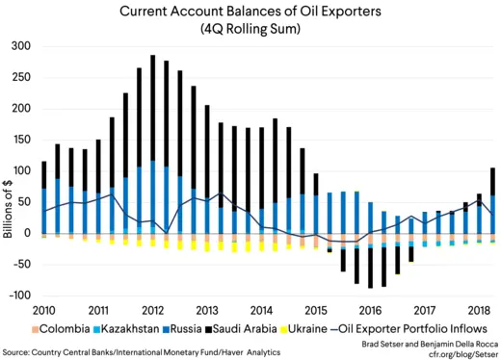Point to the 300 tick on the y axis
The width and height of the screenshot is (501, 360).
(x=20, y=46)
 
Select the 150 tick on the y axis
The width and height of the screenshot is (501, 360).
(x=20, y=140)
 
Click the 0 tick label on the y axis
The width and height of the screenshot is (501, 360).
(x=27, y=233)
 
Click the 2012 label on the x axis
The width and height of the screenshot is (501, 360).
(x=151, y=310)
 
